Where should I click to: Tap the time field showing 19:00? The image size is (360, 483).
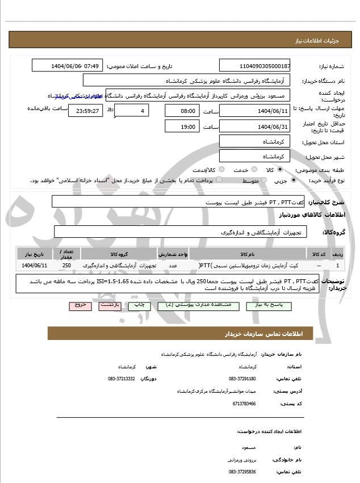click(183, 125)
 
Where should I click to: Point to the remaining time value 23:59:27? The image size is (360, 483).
click(86, 111)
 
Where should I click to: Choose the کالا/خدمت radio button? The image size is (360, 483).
click(221, 170)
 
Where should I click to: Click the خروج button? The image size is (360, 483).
click(80, 305)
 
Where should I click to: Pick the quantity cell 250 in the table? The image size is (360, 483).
click(66, 265)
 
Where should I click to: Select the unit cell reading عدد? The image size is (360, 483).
click(173, 265)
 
